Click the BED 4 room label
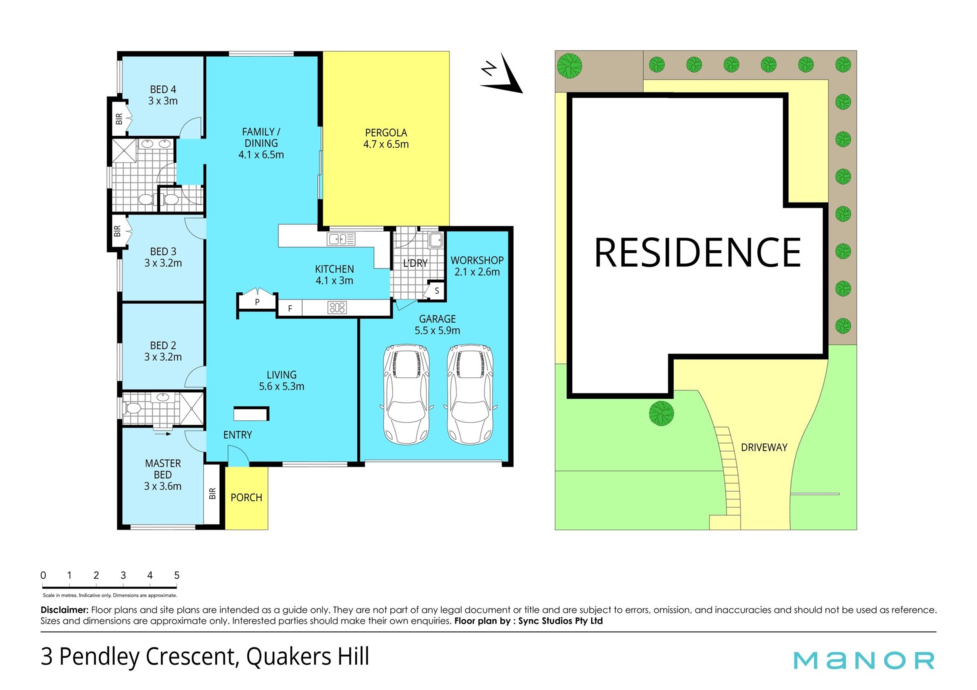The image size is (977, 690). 163,89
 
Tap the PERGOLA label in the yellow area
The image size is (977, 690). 386,133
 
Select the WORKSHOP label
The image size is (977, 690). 477,260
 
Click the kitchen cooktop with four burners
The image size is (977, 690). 337,307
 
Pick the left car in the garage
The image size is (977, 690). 406,394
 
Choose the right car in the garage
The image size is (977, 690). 470,394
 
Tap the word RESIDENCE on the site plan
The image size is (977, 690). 698,252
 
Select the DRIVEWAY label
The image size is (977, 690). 764,447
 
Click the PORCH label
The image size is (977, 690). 246,497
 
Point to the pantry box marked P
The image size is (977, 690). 257,302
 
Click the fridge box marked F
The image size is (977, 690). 290,308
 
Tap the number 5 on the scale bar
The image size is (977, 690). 177,575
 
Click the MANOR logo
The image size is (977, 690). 864,660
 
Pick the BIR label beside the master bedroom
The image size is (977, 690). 212,493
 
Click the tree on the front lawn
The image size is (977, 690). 662,413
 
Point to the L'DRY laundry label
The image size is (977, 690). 415,263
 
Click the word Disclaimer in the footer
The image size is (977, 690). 65,610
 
